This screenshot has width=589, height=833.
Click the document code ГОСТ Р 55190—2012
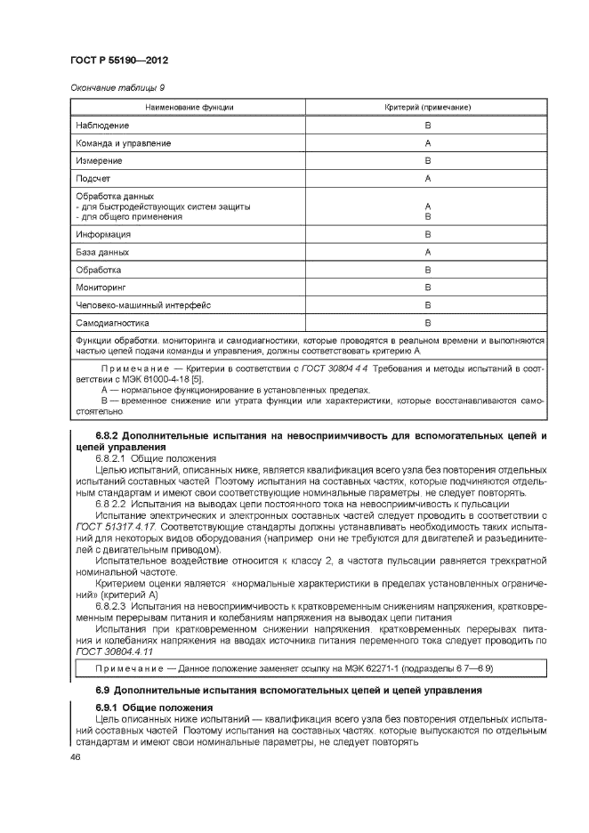118,61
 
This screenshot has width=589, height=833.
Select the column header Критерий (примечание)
428,108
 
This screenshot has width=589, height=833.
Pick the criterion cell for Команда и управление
428,143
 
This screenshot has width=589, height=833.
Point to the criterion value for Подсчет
428,179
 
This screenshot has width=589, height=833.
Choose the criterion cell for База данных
428,252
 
